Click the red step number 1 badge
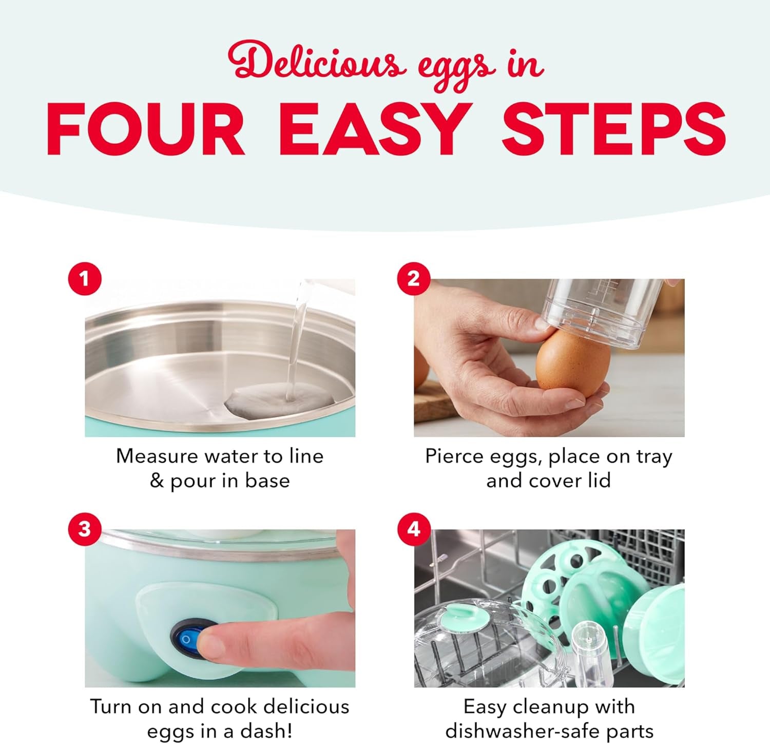[85, 279]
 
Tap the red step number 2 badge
[414, 279]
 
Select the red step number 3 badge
[85, 529]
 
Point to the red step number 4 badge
[414, 529]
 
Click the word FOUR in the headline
[146, 129]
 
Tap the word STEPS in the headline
[613, 129]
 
